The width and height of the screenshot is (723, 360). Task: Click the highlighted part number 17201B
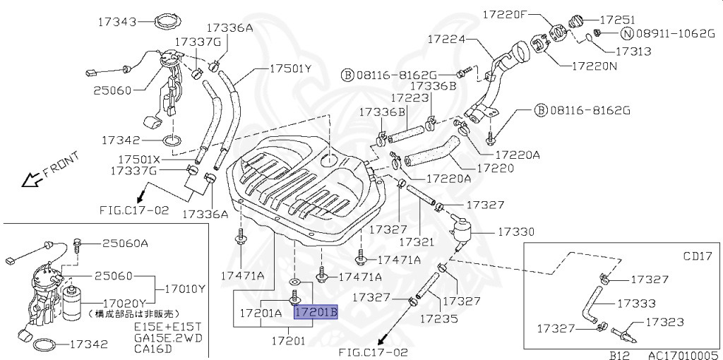(x=316, y=311)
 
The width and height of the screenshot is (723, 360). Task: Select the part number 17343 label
(x=116, y=22)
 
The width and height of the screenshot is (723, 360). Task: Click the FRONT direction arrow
(x=31, y=181)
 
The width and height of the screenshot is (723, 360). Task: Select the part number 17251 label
(x=619, y=21)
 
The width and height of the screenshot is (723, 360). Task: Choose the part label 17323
(x=664, y=322)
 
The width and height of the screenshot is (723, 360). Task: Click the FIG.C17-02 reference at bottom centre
(x=373, y=351)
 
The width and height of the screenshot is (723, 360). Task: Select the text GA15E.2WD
(x=168, y=337)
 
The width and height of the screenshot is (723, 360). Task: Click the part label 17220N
(x=594, y=66)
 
